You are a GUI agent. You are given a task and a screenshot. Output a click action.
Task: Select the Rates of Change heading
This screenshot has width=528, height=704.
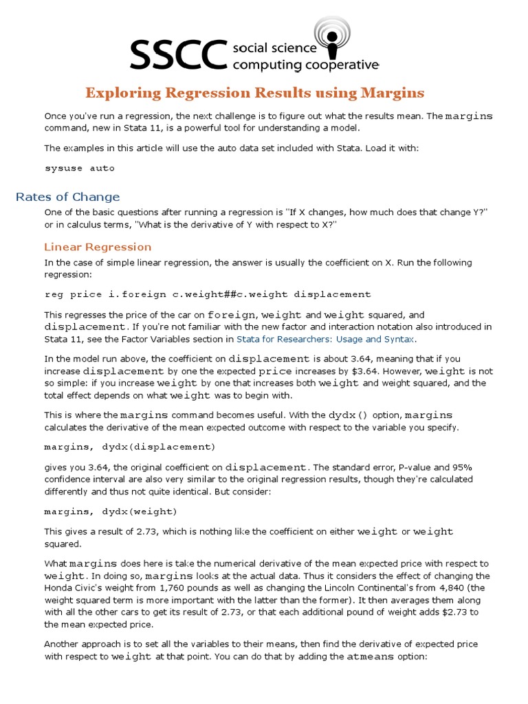coord(67,197)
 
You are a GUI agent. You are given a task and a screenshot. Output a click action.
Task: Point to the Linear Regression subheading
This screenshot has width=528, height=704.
coord(98,247)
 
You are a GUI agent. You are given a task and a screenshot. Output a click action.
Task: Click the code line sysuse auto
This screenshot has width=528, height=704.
coord(79,168)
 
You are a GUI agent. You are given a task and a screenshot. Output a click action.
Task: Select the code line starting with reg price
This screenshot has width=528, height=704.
coord(207,294)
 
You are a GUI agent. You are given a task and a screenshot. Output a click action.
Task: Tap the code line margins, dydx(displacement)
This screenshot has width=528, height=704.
coord(129,447)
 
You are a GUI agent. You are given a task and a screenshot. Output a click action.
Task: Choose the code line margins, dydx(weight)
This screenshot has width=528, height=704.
coord(111,511)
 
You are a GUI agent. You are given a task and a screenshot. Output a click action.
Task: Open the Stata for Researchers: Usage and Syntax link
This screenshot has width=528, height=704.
coord(326,339)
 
